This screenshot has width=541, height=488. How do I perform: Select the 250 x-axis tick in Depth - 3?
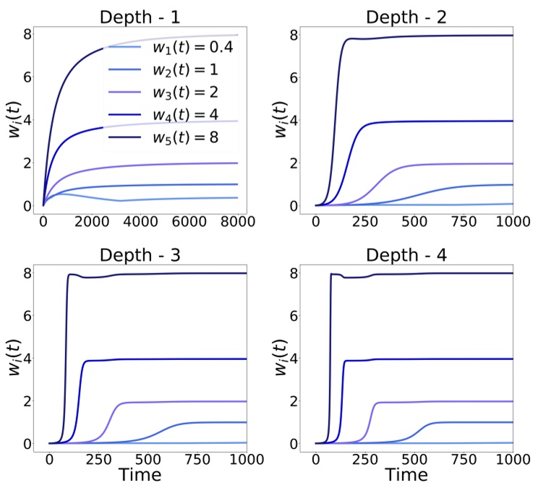[98, 461]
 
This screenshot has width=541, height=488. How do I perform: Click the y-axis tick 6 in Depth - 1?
[26, 78]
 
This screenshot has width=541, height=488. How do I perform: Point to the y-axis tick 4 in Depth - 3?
[26, 359]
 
